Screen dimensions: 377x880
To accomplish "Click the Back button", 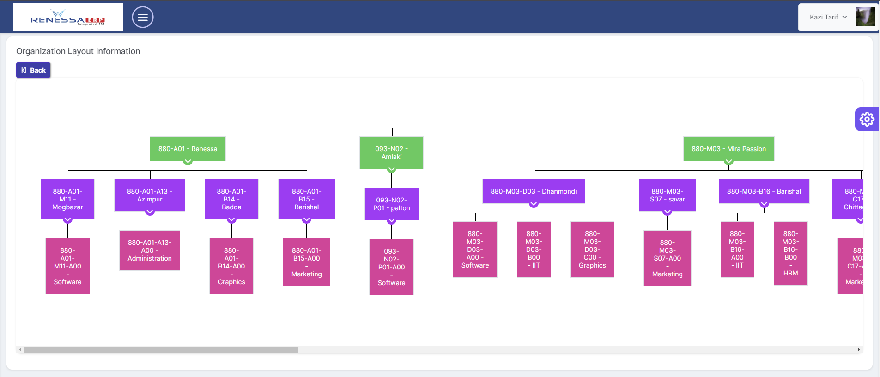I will tap(33, 70).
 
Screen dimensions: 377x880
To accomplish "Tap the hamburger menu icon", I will tap(143, 18).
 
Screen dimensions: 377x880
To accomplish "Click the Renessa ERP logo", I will tap(68, 18).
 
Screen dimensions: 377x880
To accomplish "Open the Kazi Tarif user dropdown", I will tap(828, 18).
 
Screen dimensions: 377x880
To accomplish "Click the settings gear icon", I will tap(867, 119).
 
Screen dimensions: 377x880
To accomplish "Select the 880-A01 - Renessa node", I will tap(188, 149).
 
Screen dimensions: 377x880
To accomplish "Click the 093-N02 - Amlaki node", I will tap(391, 152).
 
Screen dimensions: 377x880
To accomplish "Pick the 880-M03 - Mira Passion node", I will tap(728, 149).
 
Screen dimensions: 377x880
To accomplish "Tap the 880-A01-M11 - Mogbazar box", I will tap(67, 199).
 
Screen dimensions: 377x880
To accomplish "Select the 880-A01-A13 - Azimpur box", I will tap(150, 195).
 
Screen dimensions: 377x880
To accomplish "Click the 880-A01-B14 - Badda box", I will tap(231, 199).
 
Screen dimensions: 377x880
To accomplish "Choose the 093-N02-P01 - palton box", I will tap(391, 204).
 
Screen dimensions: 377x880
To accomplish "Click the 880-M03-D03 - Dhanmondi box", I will tap(534, 191).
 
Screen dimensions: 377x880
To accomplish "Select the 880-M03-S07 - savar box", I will tap(667, 195).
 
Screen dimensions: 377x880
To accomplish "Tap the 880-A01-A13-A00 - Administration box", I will tap(150, 250).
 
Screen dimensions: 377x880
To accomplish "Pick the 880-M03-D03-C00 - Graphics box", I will tap(592, 249).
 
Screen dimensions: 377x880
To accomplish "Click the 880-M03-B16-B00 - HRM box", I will tap(790, 253).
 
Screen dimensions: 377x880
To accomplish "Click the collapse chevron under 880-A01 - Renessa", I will tap(188, 162).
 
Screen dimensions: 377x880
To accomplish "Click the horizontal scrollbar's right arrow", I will tap(859, 350).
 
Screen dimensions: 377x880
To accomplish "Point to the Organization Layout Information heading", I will tap(78, 51).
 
